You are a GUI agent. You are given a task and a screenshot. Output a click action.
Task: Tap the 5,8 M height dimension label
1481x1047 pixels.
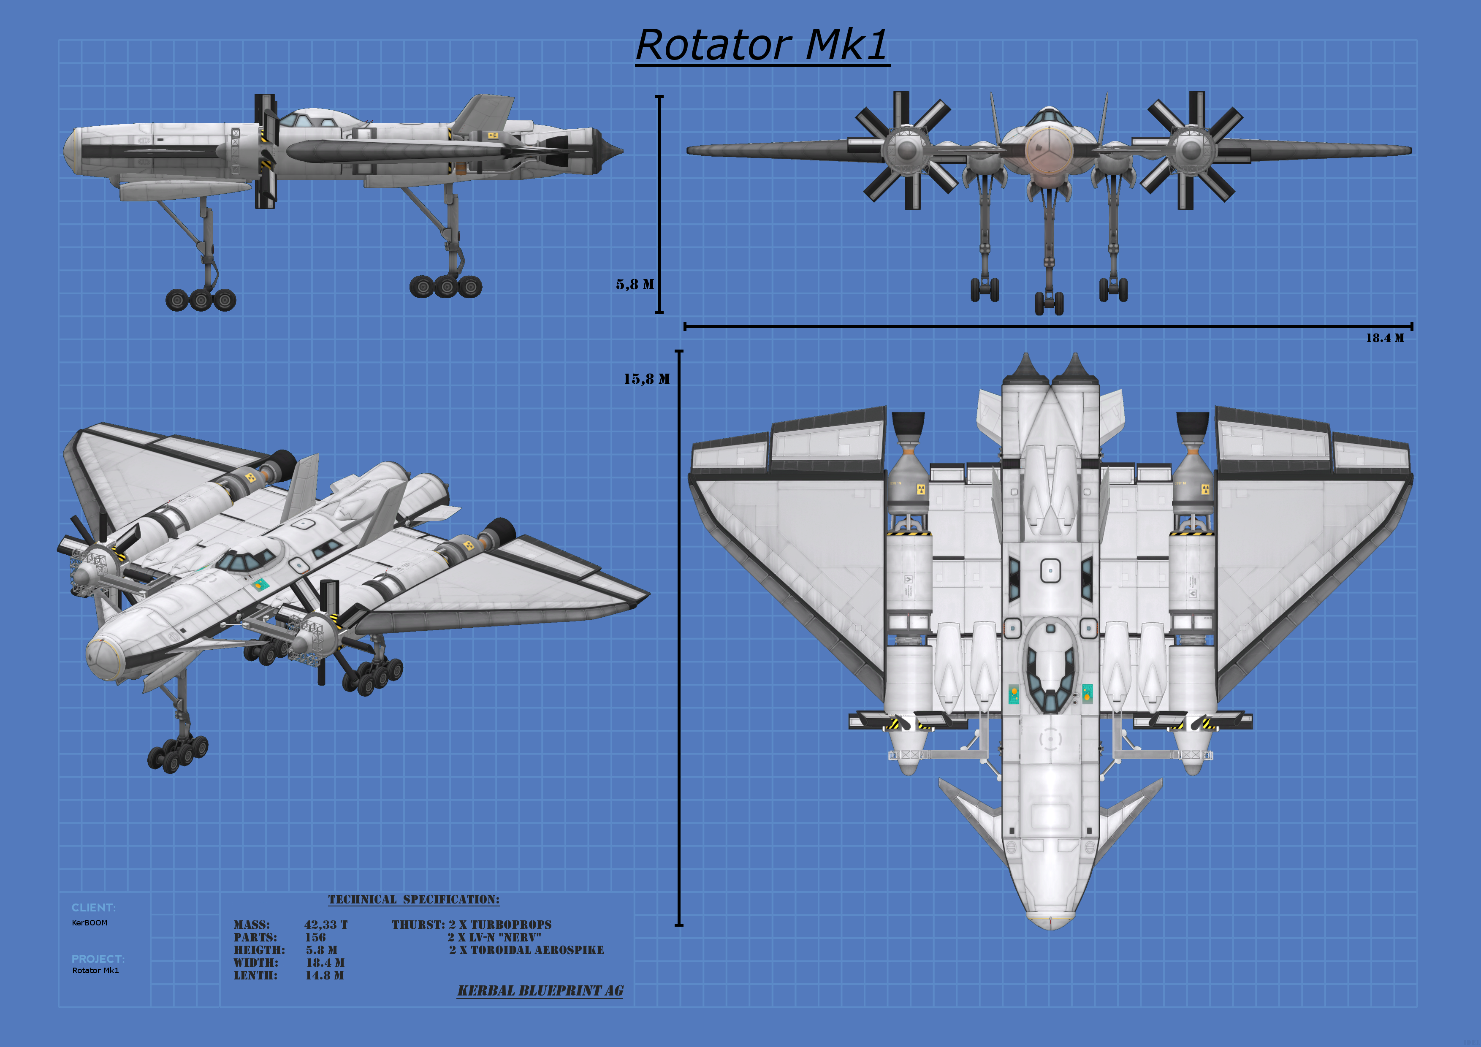click(635, 285)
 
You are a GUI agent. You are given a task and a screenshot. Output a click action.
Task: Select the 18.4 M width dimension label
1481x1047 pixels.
click(1384, 338)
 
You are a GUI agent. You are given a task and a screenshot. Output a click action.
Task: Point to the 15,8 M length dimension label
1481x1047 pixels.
click(646, 379)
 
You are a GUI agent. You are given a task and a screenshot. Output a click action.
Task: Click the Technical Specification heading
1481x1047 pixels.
click(413, 899)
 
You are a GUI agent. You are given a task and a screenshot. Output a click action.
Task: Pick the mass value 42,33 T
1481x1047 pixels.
click(326, 925)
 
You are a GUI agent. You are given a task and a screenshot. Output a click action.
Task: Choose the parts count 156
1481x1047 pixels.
click(315, 937)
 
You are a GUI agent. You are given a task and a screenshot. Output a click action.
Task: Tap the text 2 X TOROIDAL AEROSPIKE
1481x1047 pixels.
click(526, 950)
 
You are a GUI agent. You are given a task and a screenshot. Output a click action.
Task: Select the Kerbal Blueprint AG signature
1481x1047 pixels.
click(540, 991)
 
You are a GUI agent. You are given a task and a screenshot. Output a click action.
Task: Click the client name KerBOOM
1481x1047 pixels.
click(90, 923)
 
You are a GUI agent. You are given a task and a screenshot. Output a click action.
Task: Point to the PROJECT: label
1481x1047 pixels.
click(98, 959)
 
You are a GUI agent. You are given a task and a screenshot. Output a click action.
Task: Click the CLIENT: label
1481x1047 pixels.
click(94, 908)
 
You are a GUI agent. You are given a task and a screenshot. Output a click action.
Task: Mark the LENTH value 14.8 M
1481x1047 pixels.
click(325, 975)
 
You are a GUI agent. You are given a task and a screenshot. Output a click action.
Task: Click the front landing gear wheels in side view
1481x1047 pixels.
click(201, 299)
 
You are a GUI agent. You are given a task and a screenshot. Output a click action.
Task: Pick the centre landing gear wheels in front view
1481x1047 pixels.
click(1049, 303)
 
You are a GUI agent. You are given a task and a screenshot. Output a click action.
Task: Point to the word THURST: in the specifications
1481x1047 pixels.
click(418, 925)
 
